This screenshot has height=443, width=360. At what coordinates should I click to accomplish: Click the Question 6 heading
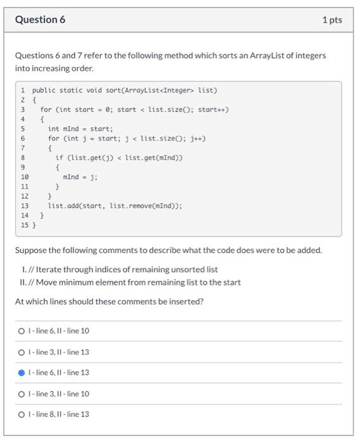click(x=40, y=20)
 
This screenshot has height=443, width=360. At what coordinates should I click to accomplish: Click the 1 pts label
click(x=332, y=20)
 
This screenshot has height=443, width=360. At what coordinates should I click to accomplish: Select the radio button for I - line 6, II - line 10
click(x=22, y=331)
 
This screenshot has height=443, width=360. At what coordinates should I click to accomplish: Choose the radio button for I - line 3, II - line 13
click(x=22, y=352)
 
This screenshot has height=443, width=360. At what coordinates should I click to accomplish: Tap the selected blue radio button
click(x=22, y=373)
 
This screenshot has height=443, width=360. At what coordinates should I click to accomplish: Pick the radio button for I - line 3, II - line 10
click(x=22, y=394)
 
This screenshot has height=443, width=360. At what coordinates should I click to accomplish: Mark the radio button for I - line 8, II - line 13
click(x=22, y=415)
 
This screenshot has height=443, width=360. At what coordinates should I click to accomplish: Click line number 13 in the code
click(x=25, y=206)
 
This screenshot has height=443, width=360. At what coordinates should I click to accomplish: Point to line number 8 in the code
click(x=23, y=158)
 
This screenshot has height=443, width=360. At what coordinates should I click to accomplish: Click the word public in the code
click(x=44, y=90)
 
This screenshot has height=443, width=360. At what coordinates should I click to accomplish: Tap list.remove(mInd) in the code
click(x=147, y=206)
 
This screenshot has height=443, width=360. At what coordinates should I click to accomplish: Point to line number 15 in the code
click(x=25, y=225)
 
